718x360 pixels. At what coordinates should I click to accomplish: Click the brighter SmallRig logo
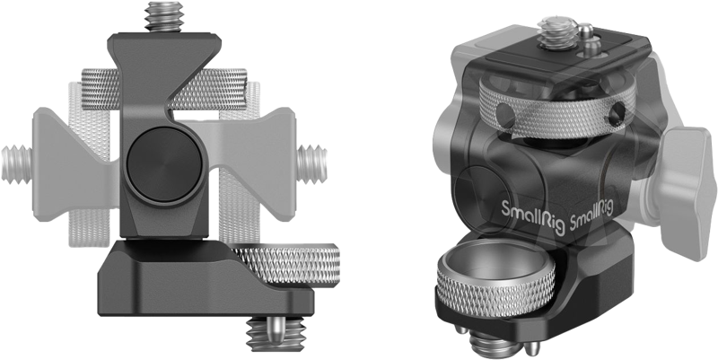coord(525,208)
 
